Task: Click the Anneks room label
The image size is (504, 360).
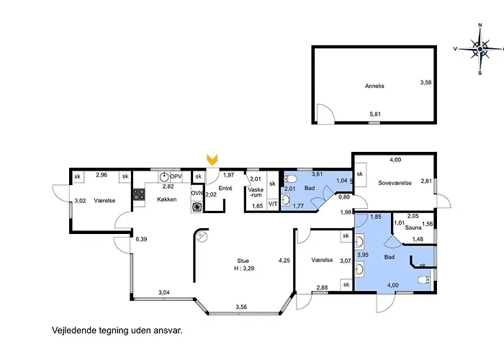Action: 374,86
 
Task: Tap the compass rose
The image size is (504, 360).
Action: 480,49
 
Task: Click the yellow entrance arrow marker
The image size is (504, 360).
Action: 212,160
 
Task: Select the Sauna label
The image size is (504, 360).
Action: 413,228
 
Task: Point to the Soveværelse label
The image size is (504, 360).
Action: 395,183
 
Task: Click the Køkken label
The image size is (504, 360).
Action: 167,199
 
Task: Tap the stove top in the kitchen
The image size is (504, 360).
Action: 139,194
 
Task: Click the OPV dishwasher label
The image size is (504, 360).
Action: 176,176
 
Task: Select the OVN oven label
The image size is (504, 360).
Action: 197,193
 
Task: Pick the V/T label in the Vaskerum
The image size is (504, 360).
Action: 273,204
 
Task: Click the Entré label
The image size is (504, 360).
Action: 225,188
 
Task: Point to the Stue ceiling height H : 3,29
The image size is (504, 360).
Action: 244,269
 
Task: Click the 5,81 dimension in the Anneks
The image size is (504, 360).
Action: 375,114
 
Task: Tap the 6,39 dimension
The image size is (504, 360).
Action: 141,239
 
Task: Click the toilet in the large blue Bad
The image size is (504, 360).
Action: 424,280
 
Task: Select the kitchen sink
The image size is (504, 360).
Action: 164,176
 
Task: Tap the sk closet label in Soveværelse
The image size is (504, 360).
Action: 360,174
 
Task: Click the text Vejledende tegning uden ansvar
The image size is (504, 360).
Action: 117,330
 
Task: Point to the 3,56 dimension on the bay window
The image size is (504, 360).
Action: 241,307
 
